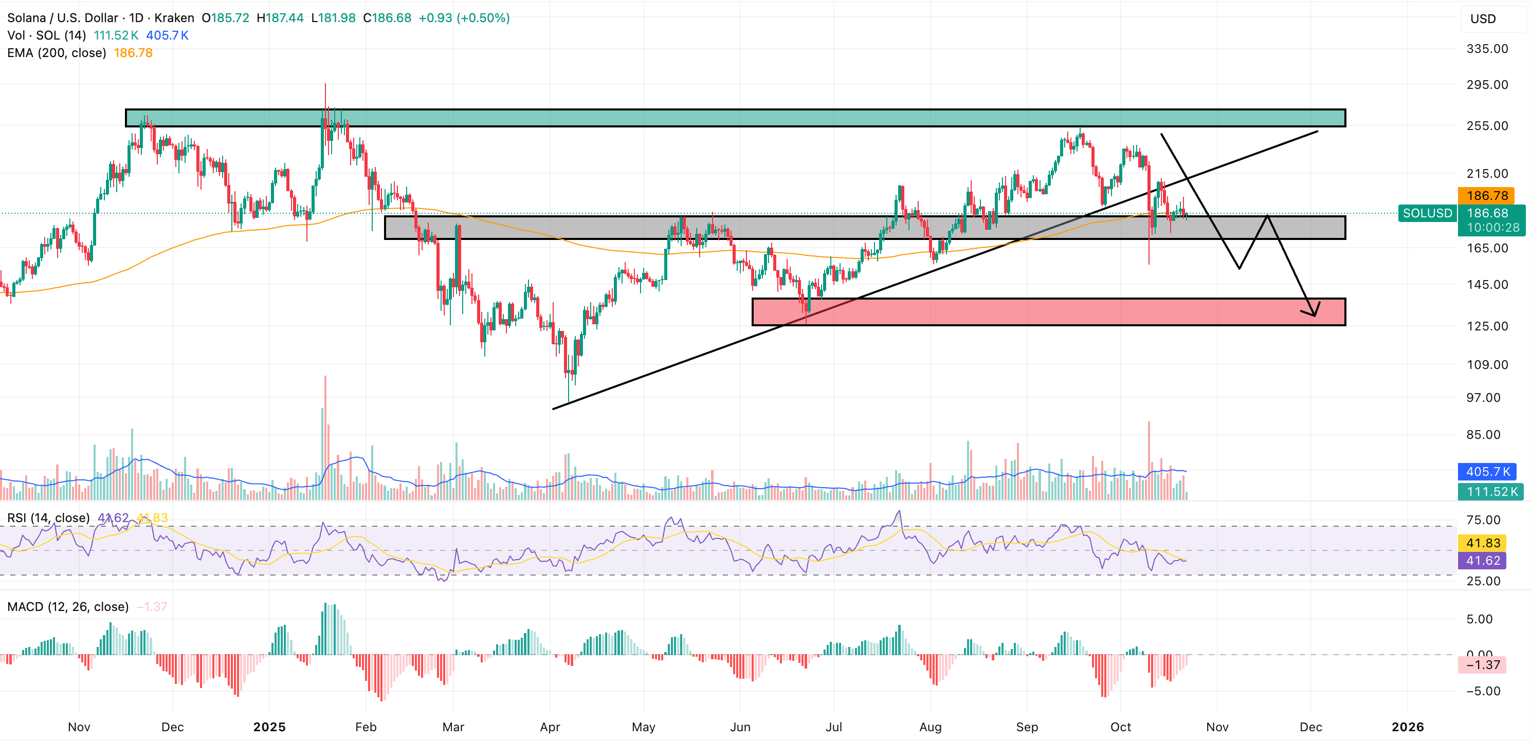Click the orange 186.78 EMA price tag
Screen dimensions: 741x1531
[x=1486, y=195]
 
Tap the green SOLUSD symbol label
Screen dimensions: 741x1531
[x=1427, y=213]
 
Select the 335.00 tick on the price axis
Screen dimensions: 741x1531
[x=1487, y=49]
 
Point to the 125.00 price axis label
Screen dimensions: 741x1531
[x=1487, y=326]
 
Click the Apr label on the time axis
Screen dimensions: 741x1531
[x=550, y=727]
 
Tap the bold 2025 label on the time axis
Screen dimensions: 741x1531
[x=269, y=727]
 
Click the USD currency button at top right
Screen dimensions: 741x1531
[x=1483, y=19]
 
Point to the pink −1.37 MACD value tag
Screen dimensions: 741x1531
[x=1482, y=665]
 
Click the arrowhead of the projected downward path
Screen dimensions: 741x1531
[x=1313, y=313]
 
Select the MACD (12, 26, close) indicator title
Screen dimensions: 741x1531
[x=68, y=607]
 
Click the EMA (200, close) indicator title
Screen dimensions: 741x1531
[x=57, y=53]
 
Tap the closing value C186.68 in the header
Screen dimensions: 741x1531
[x=387, y=18]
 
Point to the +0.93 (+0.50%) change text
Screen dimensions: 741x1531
[x=464, y=18]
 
